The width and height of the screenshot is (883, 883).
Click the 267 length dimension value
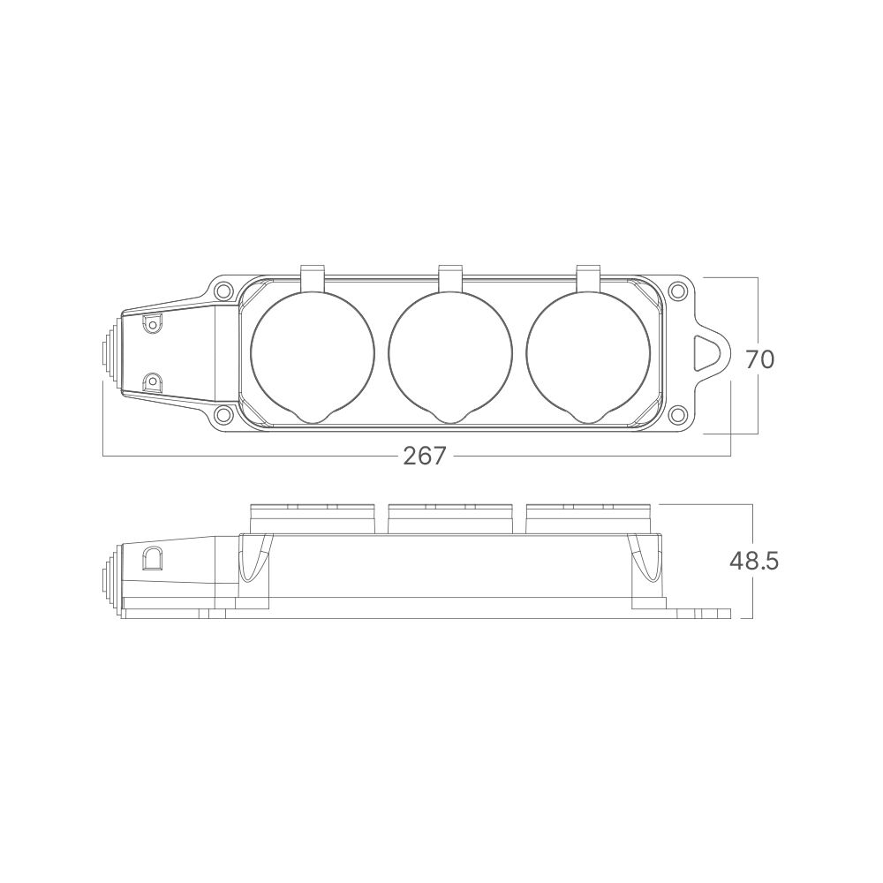click(x=425, y=456)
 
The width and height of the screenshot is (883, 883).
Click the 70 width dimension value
click(x=759, y=359)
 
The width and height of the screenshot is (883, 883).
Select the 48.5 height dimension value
click(x=753, y=561)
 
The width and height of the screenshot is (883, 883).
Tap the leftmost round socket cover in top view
click(x=312, y=353)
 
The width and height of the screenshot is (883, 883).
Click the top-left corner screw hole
click(x=223, y=291)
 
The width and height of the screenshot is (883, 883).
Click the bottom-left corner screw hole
click(x=223, y=414)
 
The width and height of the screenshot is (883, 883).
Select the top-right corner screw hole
click(x=677, y=291)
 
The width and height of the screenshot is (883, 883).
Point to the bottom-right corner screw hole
click(x=677, y=414)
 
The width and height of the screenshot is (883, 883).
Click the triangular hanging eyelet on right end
click(x=708, y=353)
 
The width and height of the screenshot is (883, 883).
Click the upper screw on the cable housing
click(x=152, y=324)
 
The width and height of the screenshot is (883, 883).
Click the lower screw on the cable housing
click(x=152, y=381)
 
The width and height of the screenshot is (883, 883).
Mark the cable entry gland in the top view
click(x=109, y=353)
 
